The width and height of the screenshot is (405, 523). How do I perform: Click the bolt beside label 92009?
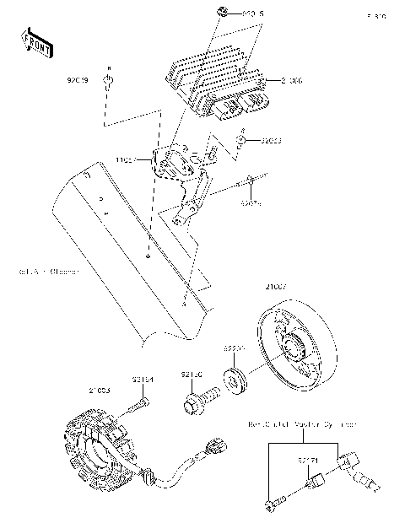(108, 80)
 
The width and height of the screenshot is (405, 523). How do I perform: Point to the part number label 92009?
(78, 81)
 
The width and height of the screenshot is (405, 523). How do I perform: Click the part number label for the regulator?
(291, 81)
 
